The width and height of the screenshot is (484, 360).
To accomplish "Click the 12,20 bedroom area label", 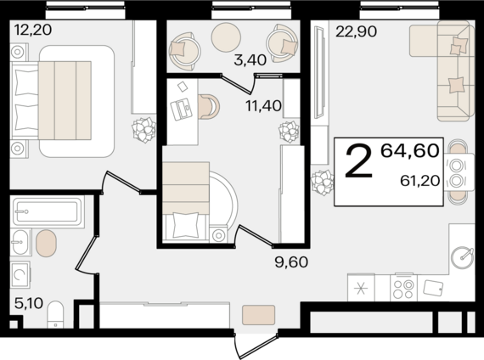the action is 33,31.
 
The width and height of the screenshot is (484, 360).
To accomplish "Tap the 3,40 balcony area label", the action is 250,60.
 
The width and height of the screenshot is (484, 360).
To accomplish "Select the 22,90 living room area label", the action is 357,31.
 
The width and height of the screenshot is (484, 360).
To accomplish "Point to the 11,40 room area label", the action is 263,106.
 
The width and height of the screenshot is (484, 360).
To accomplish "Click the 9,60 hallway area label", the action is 291,262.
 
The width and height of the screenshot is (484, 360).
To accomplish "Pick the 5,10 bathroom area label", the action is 29,303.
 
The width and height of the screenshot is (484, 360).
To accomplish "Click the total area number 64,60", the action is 409,151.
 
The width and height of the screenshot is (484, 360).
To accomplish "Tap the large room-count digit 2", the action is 358,162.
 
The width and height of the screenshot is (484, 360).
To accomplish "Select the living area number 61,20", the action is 419,181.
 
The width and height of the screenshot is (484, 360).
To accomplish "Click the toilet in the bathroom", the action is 55,314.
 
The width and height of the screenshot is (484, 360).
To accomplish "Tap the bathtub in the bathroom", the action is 48,212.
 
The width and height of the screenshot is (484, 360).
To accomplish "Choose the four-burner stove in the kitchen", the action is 403,288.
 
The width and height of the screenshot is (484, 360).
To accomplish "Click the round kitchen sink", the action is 462,257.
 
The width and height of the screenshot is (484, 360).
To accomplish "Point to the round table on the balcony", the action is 226,37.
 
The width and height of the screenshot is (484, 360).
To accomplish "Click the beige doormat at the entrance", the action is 258,315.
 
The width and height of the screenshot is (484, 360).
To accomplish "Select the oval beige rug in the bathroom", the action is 46,243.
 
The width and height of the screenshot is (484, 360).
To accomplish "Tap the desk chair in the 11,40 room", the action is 208,106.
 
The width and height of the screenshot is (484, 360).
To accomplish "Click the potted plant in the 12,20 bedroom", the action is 144,130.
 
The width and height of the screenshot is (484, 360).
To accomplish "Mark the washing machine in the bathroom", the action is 20,274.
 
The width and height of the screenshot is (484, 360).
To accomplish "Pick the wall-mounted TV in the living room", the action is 319,72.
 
